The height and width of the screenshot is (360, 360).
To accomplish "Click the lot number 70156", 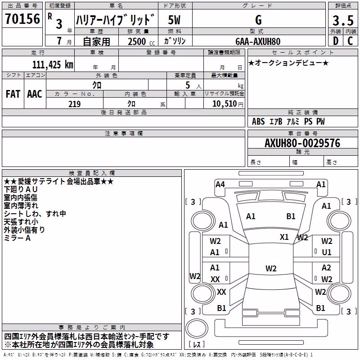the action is [x=22, y=19].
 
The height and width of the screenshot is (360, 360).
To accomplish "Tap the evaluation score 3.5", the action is [x=343, y=20].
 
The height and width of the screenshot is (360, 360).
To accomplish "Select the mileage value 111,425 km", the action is [x=53, y=65].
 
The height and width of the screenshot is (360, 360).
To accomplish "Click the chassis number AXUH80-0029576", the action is [x=302, y=143].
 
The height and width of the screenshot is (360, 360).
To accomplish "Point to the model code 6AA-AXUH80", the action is [x=258, y=41].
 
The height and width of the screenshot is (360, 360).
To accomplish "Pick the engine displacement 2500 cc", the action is [x=141, y=42].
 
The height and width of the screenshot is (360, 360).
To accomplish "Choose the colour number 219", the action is [x=74, y=104].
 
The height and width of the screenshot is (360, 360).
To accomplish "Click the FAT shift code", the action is [x=13, y=94].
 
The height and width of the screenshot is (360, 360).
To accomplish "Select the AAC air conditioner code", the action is [x=35, y=94].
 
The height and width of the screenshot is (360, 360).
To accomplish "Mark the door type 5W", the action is [x=174, y=20].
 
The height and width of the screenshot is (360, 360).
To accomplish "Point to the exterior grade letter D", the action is [x=336, y=41].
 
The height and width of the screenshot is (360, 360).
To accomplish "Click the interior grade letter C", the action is [x=350, y=41].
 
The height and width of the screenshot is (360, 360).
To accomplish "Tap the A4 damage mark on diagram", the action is [x=220, y=184].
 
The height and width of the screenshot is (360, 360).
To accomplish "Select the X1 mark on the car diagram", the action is [x=284, y=237].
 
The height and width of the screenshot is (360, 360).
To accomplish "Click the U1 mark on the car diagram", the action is [x=327, y=252].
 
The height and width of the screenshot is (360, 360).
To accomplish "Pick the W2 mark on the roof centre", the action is [x=271, y=268].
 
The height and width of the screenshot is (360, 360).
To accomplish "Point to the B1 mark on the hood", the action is [x=291, y=216].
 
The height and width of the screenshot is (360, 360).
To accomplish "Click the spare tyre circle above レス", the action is [x=197, y=328].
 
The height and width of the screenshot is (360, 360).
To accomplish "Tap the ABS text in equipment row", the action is [x=258, y=121].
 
